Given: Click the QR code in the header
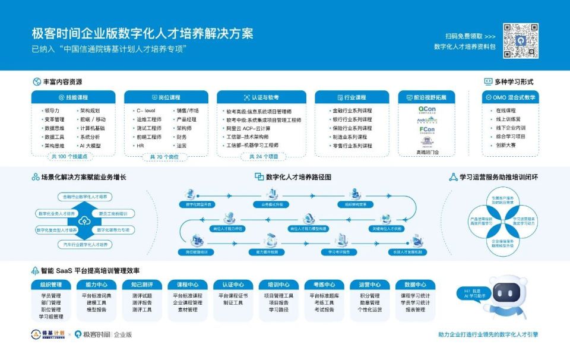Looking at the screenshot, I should (521, 40).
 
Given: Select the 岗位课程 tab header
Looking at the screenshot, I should (166, 97).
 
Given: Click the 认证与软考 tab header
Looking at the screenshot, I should (261, 97).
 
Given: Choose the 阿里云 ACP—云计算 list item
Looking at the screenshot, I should (248, 128).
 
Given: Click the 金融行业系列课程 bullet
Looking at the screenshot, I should (353, 111).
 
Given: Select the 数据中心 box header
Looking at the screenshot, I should (415, 285).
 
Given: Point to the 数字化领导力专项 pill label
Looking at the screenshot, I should (113, 230).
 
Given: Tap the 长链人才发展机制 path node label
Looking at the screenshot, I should (407, 252).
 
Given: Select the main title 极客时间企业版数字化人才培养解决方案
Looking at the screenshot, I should (143, 33).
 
